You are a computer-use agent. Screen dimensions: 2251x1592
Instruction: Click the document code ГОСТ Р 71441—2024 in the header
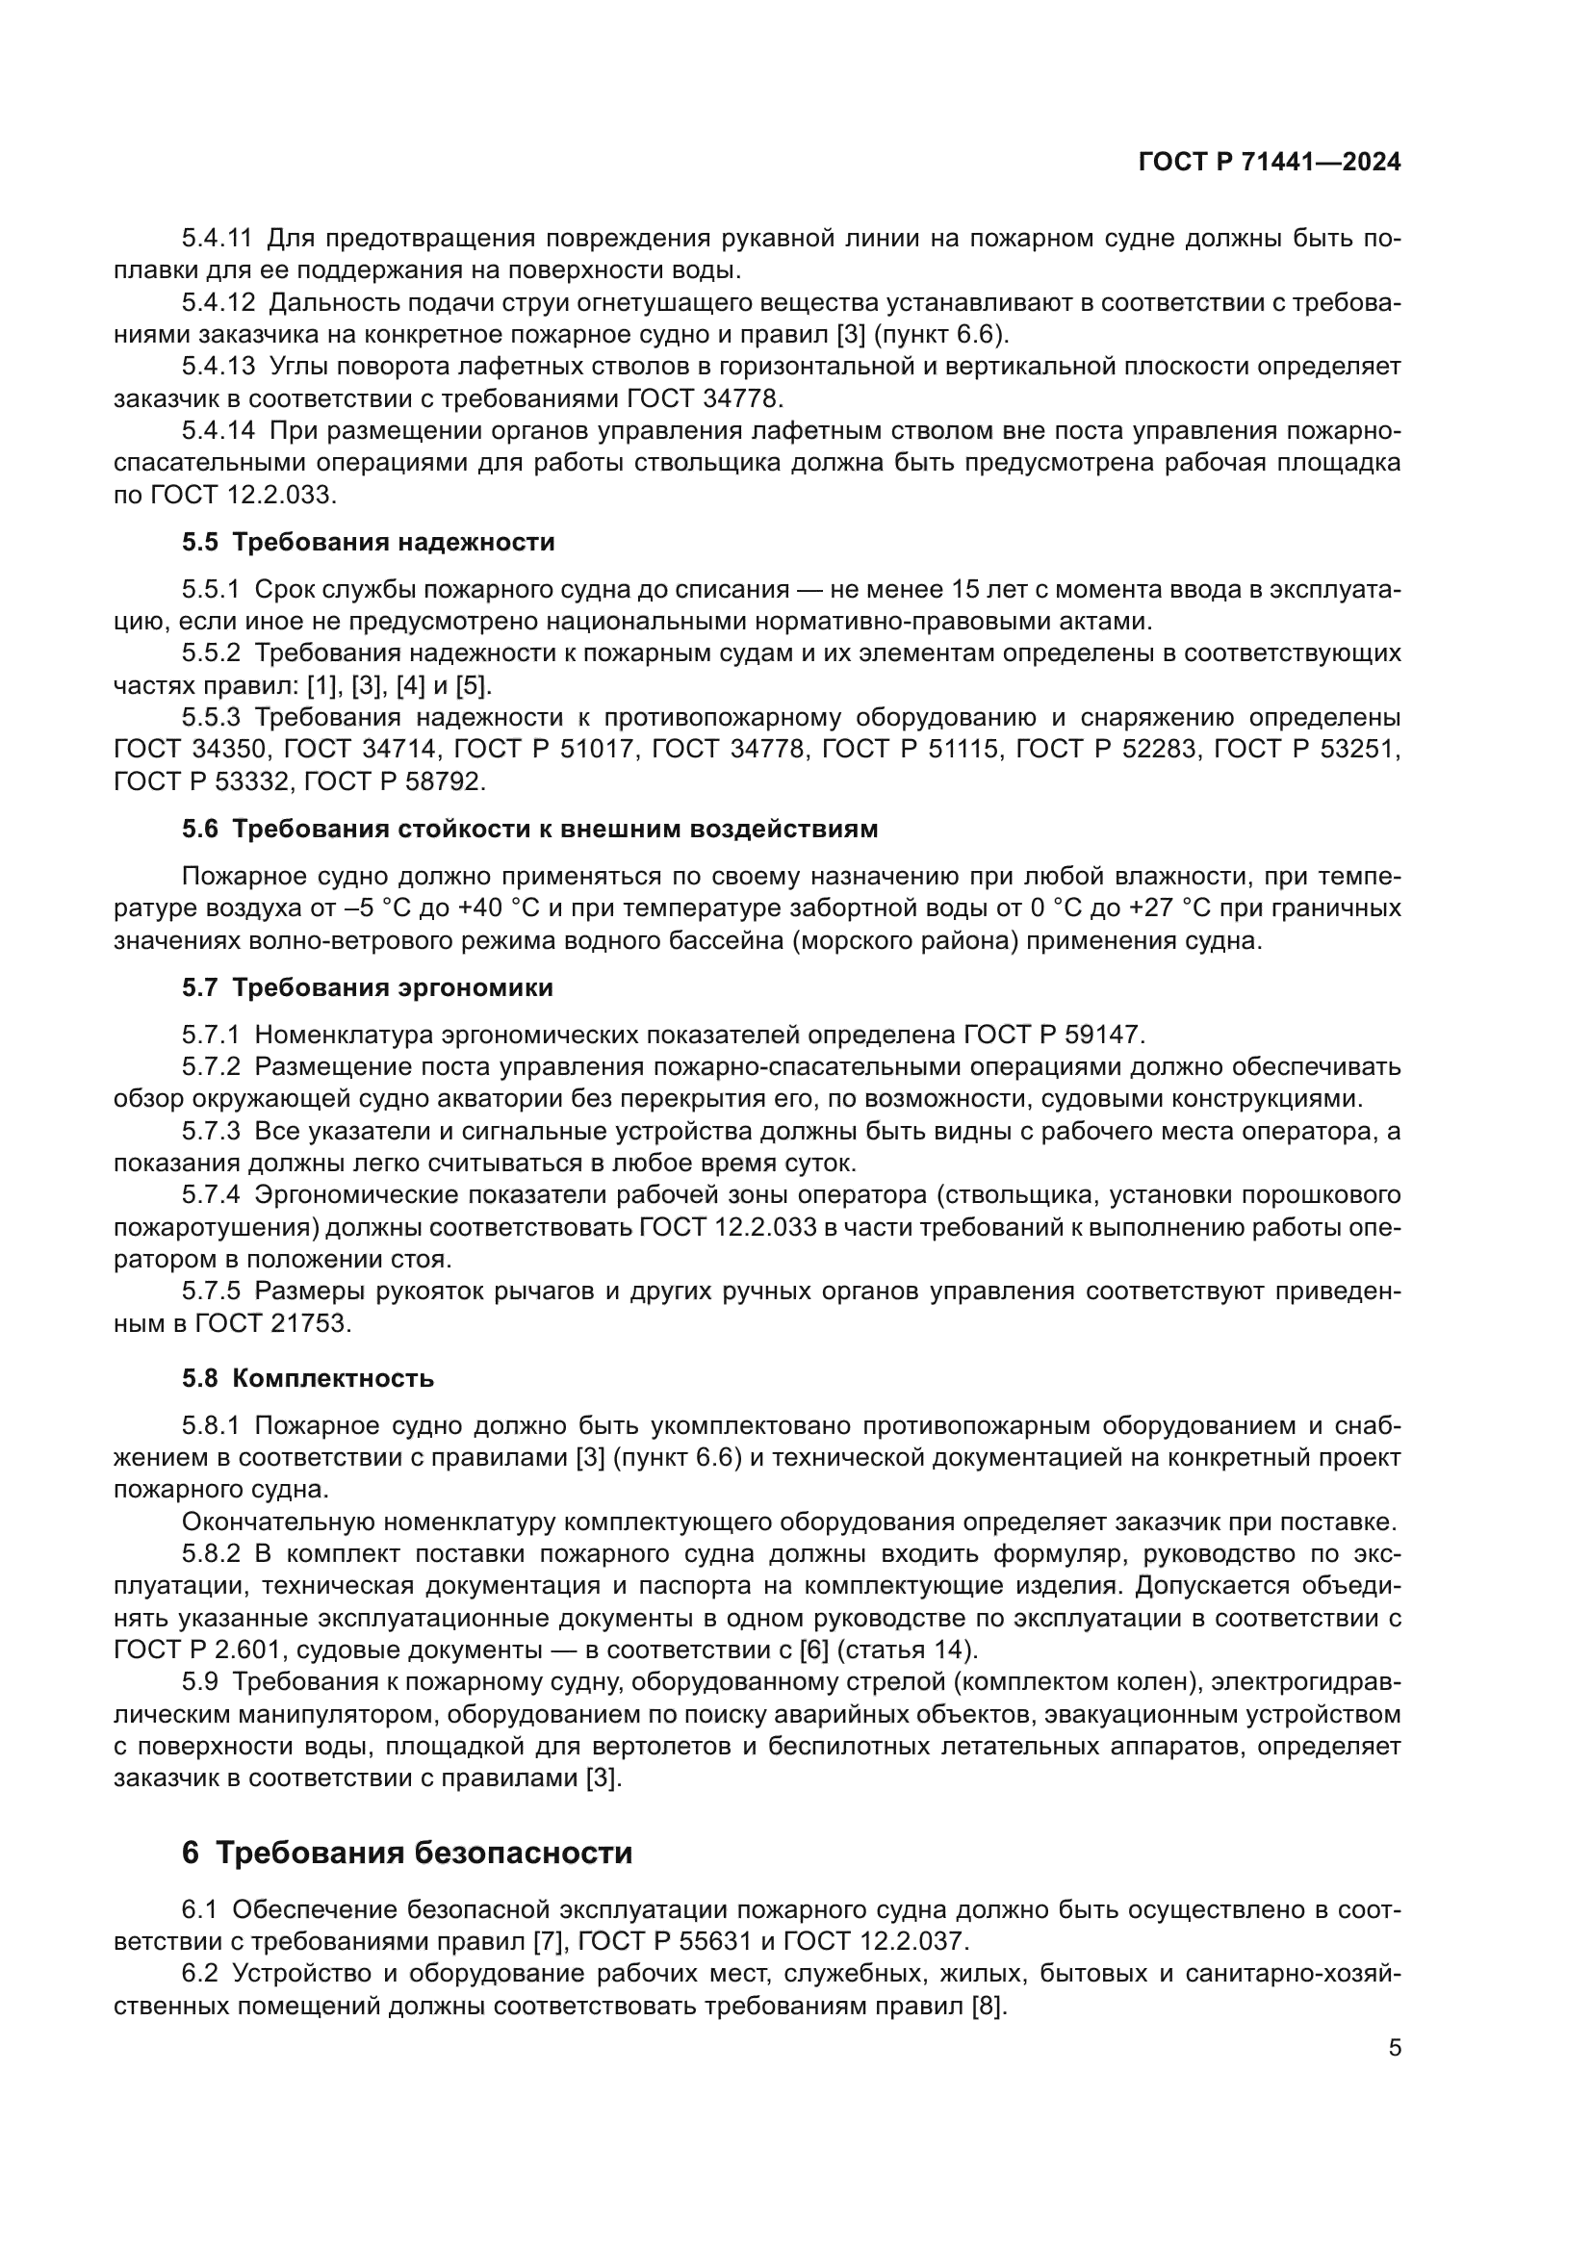point(1269,163)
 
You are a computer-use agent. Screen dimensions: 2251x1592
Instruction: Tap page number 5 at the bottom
point(1394,2048)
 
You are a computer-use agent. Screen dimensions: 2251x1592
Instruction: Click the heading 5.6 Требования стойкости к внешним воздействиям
point(529,829)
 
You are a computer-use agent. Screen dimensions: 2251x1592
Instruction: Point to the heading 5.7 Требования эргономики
point(367,987)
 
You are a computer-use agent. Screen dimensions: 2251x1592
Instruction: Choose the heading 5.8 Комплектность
point(307,1377)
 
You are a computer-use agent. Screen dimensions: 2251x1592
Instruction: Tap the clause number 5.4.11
point(217,239)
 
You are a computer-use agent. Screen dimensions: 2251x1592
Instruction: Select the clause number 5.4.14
point(217,430)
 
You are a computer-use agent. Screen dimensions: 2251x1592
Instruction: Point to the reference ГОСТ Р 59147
point(1053,1035)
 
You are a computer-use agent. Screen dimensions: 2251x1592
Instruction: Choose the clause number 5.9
point(199,1682)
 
